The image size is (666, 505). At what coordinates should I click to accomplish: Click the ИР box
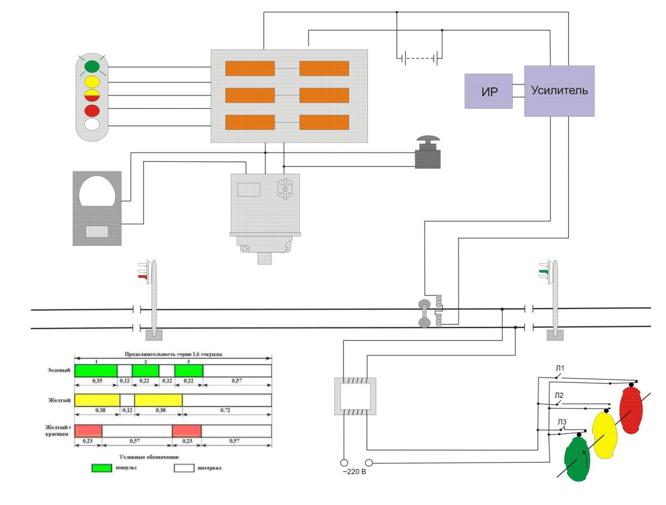(x=488, y=90)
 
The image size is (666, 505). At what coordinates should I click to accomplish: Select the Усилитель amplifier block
(x=559, y=90)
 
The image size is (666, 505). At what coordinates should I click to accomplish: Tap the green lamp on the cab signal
(x=92, y=68)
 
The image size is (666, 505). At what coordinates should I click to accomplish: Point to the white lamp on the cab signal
(x=92, y=124)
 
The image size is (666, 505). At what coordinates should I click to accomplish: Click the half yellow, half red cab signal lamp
(x=92, y=95)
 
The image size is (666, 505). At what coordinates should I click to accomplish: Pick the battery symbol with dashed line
(x=420, y=57)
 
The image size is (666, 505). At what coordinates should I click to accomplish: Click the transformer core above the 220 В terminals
(x=355, y=396)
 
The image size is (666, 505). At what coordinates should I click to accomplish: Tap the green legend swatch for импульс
(x=101, y=468)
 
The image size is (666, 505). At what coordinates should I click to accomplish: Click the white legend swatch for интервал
(x=183, y=468)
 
